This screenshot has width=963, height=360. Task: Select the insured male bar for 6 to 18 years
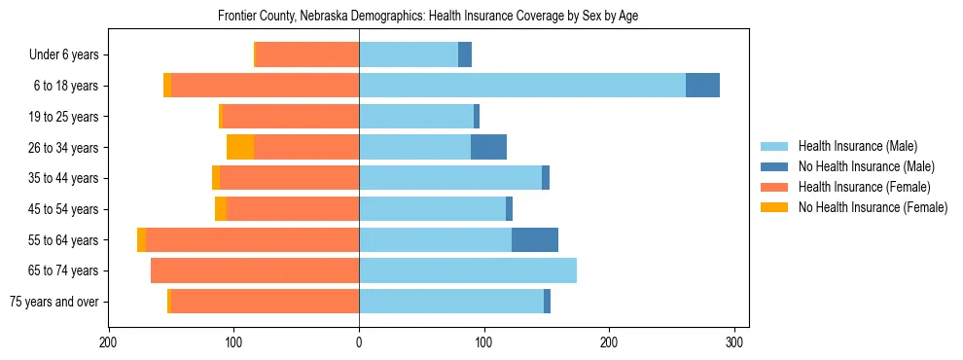tap(522, 86)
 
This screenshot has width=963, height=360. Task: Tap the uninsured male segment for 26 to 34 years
tap(488, 147)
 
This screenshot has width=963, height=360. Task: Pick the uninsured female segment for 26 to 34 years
tap(240, 147)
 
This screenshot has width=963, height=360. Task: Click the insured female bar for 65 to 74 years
tap(255, 270)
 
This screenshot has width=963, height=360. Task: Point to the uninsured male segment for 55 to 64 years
tap(535, 239)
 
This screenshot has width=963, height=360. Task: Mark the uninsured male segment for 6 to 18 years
tap(702, 86)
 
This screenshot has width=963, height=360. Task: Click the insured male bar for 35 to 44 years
tap(450, 178)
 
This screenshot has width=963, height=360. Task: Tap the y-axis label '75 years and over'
tap(54, 302)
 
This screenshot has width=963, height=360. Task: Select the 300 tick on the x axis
tap(734, 342)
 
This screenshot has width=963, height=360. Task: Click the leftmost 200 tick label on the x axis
tap(109, 342)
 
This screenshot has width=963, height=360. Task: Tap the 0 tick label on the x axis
tap(359, 342)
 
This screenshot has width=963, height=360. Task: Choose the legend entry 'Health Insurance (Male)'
tap(857, 146)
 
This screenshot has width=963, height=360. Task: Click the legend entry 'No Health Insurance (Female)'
tap(873, 207)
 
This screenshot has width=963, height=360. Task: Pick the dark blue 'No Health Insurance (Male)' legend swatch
tap(775, 166)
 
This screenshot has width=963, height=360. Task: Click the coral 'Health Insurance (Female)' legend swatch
tap(775, 187)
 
